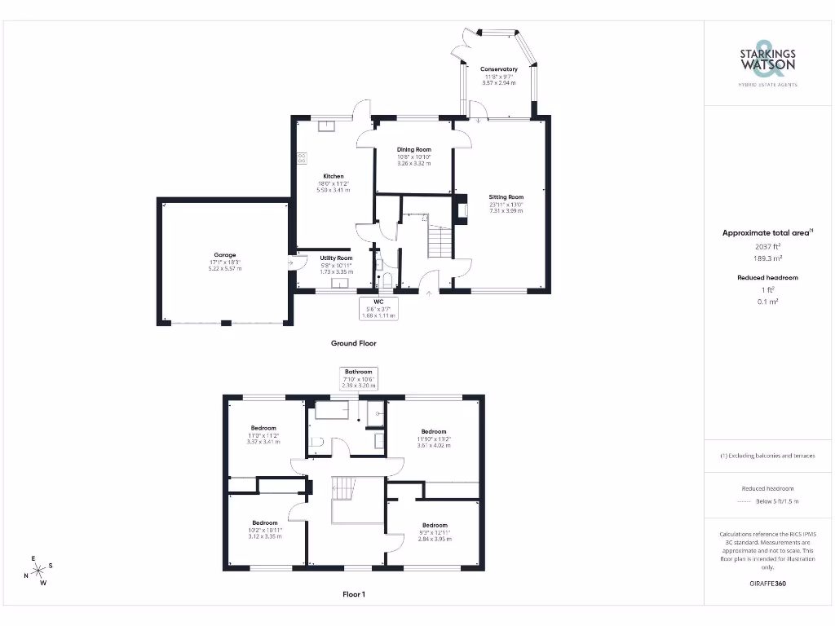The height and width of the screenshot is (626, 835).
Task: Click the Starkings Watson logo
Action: tap(767, 63)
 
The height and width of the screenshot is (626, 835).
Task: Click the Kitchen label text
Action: tap(333, 176)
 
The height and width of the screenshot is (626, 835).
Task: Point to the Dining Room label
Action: tap(413, 150)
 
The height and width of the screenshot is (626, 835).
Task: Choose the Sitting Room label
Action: tap(506, 197)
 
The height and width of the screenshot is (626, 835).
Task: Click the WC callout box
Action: tap(378, 308)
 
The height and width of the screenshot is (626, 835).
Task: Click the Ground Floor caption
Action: tap(353, 343)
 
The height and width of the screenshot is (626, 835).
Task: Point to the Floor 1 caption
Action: tap(353, 594)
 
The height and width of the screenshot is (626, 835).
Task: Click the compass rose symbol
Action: tap(38, 571)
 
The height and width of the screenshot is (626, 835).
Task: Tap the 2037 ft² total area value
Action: tap(767, 245)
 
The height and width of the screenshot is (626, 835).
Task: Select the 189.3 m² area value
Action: tap(767, 257)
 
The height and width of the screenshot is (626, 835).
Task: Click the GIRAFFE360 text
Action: tap(767, 584)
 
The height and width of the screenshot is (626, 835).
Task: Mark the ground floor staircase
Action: tap(440, 242)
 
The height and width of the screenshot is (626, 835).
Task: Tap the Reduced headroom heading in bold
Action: tap(767, 278)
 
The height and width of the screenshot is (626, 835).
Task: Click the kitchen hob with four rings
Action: tap(302, 157)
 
